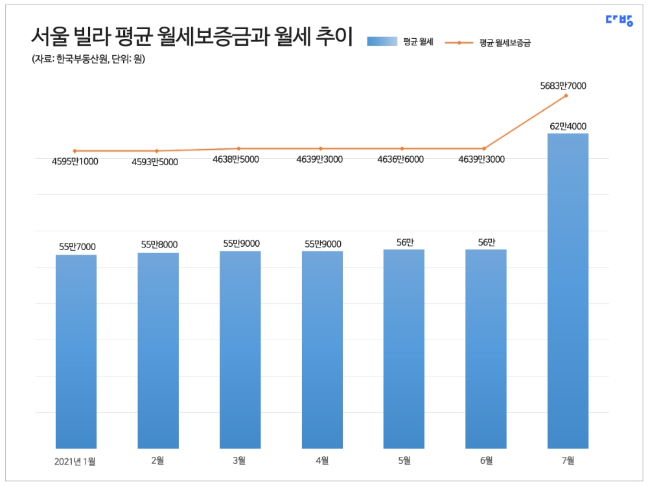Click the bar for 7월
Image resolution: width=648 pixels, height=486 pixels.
(x=568, y=292)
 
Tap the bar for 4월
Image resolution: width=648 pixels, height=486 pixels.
(x=322, y=350)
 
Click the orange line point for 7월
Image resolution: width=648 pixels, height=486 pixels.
(x=567, y=96)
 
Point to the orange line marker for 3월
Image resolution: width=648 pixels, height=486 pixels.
(x=238, y=148)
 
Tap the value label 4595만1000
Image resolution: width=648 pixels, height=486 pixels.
(x=75, y=161)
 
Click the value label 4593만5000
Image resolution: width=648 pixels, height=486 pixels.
(x=155, y=161)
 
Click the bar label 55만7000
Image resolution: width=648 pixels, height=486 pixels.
(x=77, y=246)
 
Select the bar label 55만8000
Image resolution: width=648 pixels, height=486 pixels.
(x=159, y=244)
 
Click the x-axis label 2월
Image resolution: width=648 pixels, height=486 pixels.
(x=157, y=461)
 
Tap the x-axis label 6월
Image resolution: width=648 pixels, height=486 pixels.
(x=485, y=461)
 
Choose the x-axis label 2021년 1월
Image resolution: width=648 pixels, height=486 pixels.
(x=75, y=461)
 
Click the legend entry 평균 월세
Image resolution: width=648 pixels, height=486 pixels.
(x=400, y=42)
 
